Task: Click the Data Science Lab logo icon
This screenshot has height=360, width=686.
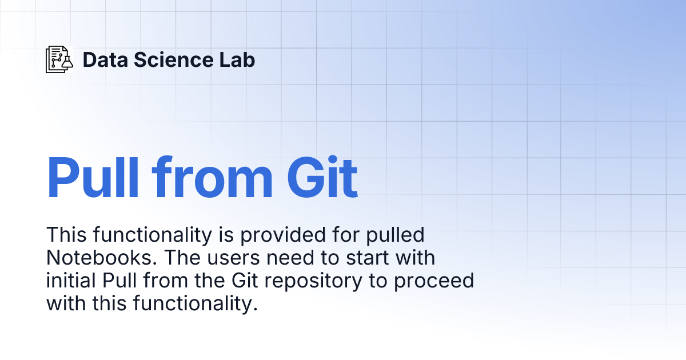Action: [59, 59]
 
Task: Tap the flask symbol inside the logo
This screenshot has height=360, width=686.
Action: [67, 61]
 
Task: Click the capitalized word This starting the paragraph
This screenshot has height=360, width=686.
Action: [66, 235]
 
